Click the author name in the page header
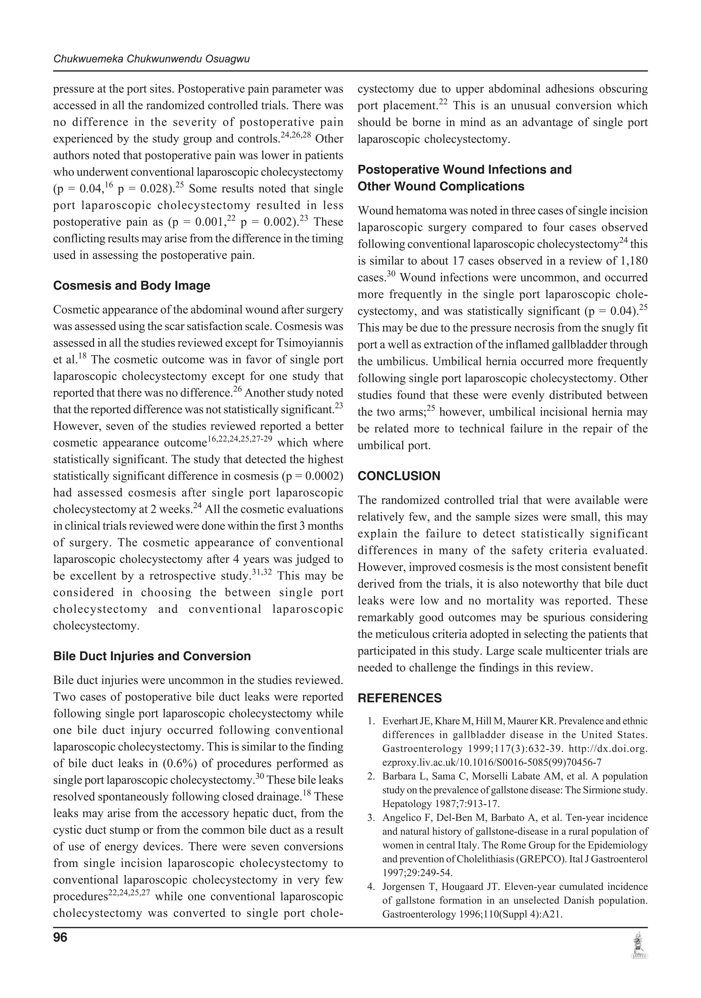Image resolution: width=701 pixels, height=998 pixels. (151, 59)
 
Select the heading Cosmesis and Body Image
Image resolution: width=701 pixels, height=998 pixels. (131, 286)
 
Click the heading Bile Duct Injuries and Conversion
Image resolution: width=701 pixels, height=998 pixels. (152, 656)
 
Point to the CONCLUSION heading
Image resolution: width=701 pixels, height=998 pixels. (399, 476)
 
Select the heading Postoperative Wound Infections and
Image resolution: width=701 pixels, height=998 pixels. (464, 169)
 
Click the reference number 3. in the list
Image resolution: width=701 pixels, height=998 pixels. (371, 818)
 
